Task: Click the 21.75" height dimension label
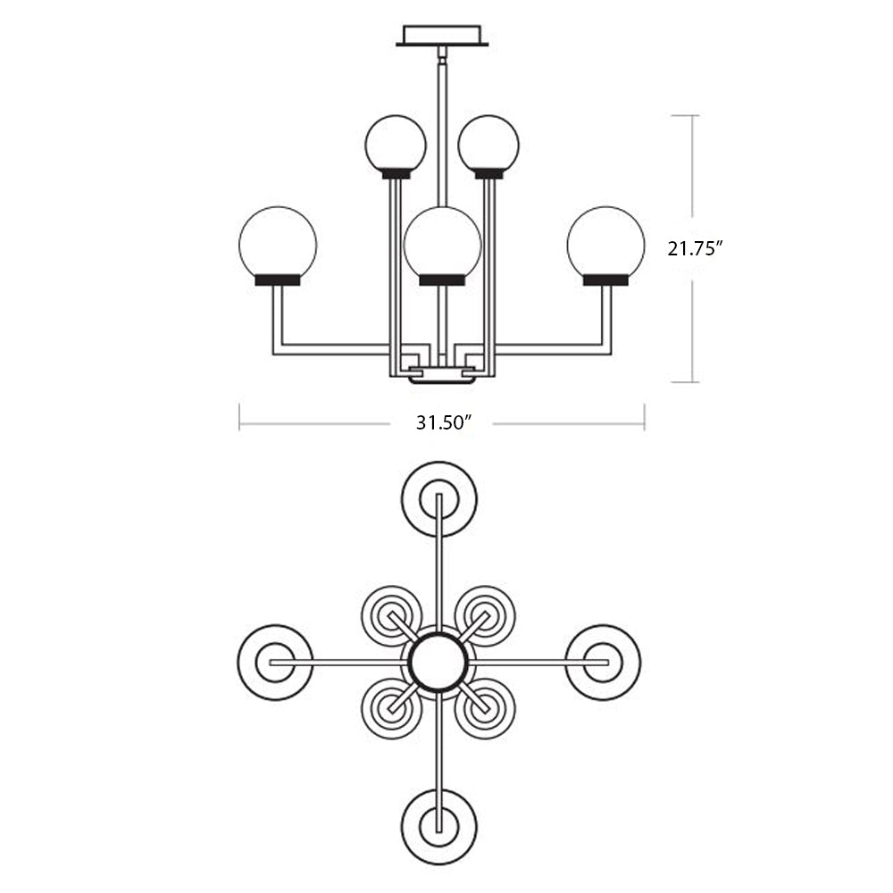[694, 249]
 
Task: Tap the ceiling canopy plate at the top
[443, 36]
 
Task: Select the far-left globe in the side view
[278, 240]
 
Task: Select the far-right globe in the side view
[605, 240]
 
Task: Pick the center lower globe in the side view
[442, 240]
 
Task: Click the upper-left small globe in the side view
[396, 143]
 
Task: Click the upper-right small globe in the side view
[488, 143]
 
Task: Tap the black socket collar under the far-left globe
[278, 280]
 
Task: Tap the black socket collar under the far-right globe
[605, 280]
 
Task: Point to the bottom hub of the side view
[442, 376]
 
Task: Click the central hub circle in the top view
[438, 662]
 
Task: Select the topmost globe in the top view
[439, 498]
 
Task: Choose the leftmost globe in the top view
[275, 662]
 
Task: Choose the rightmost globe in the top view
[603, 662]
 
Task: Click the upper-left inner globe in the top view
[392, 615]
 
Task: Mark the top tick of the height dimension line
[697, 115]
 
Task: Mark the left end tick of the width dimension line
[239, 417]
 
